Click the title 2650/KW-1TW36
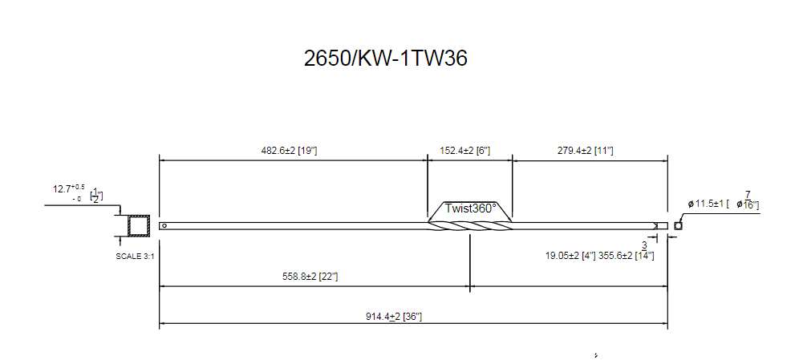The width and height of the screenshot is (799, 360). (385, 59)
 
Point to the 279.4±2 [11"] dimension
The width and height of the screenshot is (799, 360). (586, 150)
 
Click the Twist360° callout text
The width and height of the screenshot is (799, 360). (471, 208)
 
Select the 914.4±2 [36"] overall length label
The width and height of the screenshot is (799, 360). (393, 316)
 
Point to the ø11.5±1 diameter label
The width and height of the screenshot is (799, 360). (707, 204)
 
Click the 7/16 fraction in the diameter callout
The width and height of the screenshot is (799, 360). (747, 200)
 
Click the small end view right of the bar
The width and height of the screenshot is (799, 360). (679, 225)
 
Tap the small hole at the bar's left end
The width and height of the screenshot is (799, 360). (164, 225)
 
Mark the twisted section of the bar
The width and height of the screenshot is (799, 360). (469, 226)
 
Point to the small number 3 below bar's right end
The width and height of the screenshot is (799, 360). (643, 245)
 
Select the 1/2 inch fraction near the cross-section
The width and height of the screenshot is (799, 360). (95, 195)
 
